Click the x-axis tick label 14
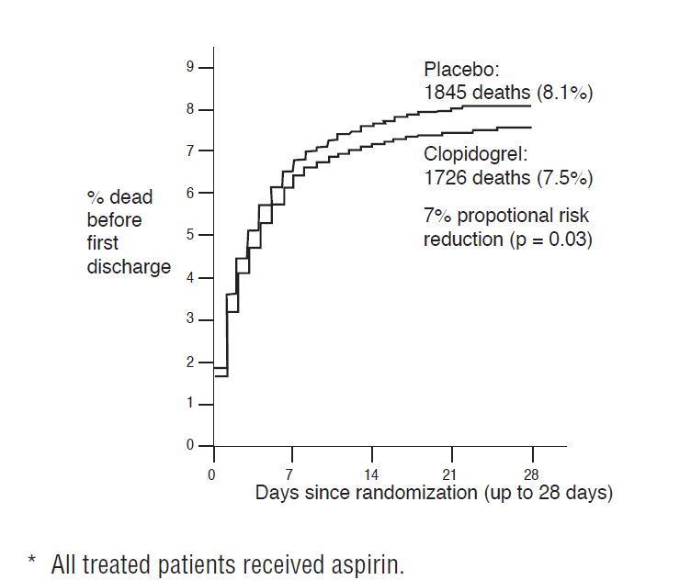tap(371, 474)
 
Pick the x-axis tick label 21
tap(451, 474)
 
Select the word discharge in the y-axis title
tap(129, 267)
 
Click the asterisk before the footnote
tap(31, 562)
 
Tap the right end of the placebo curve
tap(530, 106)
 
